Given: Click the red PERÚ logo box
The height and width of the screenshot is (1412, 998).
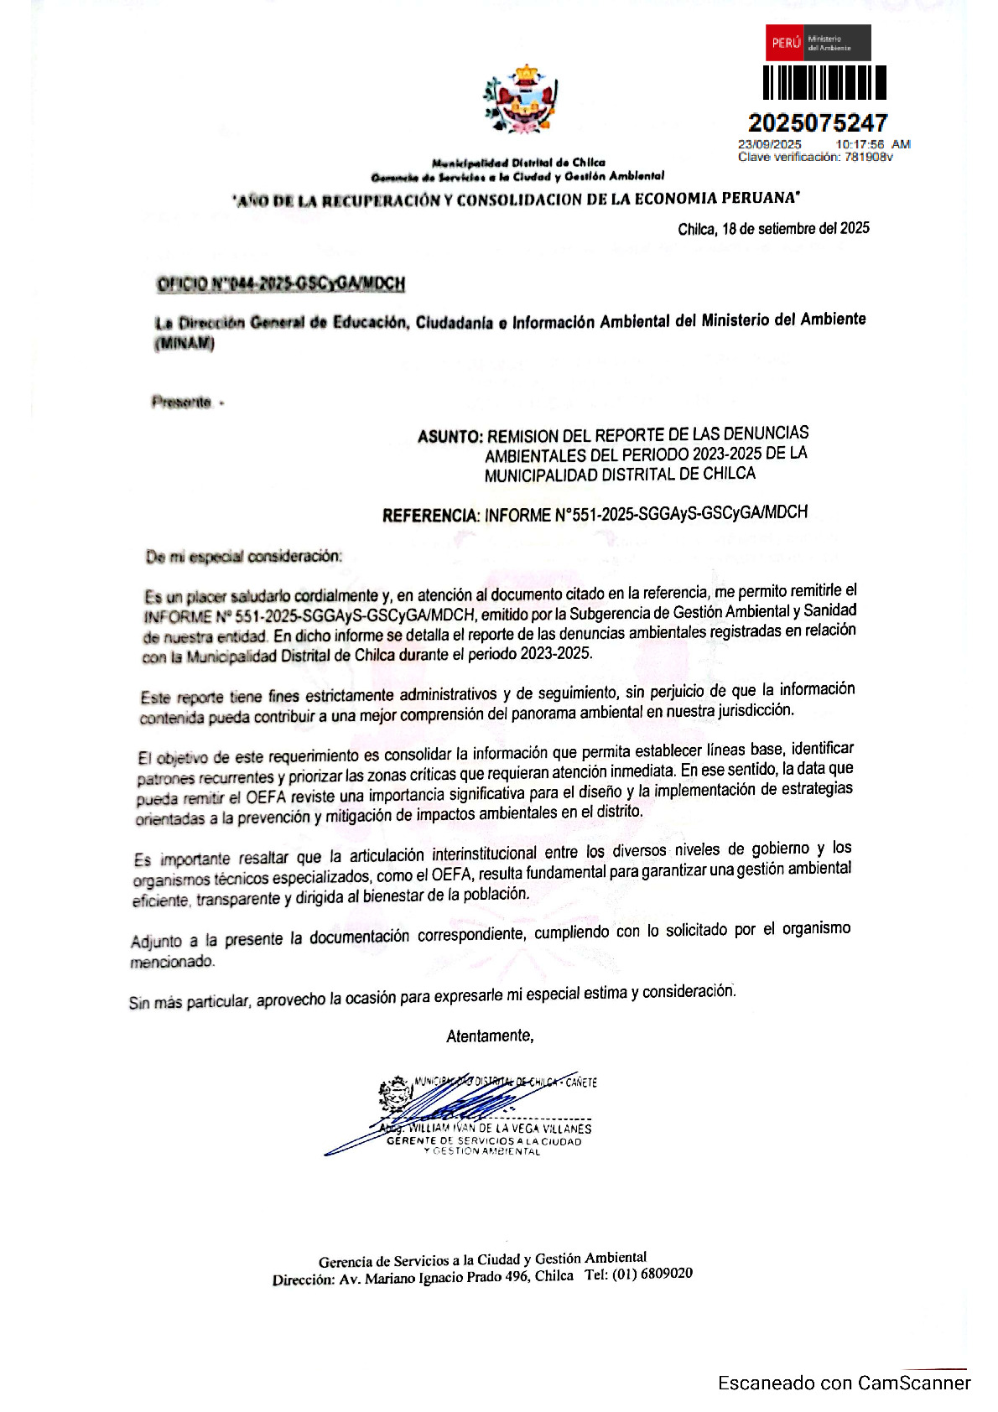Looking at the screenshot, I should (x=784, y=43).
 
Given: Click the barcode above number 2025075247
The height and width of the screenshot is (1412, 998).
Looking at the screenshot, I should (x=824, y=83).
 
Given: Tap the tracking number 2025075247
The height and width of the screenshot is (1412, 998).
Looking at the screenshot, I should (x=817, y=123).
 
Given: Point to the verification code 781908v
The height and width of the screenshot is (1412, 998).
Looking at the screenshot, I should (x=868, y=157).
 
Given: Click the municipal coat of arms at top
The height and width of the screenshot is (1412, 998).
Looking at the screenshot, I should (x=521, y=98).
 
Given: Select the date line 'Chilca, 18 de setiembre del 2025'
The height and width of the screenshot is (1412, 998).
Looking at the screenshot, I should (x=773, y=228).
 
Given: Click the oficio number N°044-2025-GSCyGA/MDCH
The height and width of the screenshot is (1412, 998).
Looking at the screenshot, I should (x=281, y=284).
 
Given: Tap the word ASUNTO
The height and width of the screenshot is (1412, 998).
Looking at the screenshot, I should (x=450, y=436).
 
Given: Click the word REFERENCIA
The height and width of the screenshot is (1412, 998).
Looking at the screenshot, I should (x=431, y=515).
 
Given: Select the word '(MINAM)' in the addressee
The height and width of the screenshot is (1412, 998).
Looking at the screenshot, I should (x=185, y=344).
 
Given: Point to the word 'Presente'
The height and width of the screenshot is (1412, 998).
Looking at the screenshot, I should (x=181, y=402).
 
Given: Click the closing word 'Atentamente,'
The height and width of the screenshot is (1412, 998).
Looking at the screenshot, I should (x=490, y=1036).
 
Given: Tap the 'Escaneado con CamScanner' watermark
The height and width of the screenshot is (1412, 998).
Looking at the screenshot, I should (x=844, y=1383).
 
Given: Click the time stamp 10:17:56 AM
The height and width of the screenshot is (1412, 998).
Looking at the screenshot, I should (x=872, y=144).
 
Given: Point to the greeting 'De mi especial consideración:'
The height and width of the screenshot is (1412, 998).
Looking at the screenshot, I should (x=244, y=557).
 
